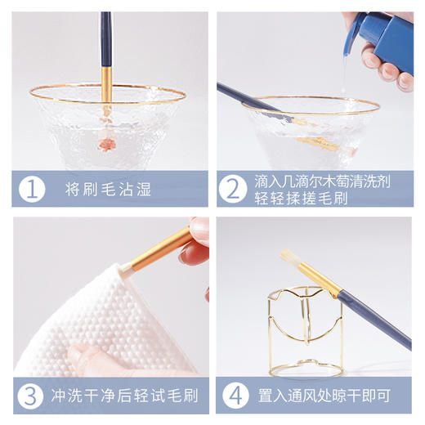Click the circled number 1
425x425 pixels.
click(x=31, y=190)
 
